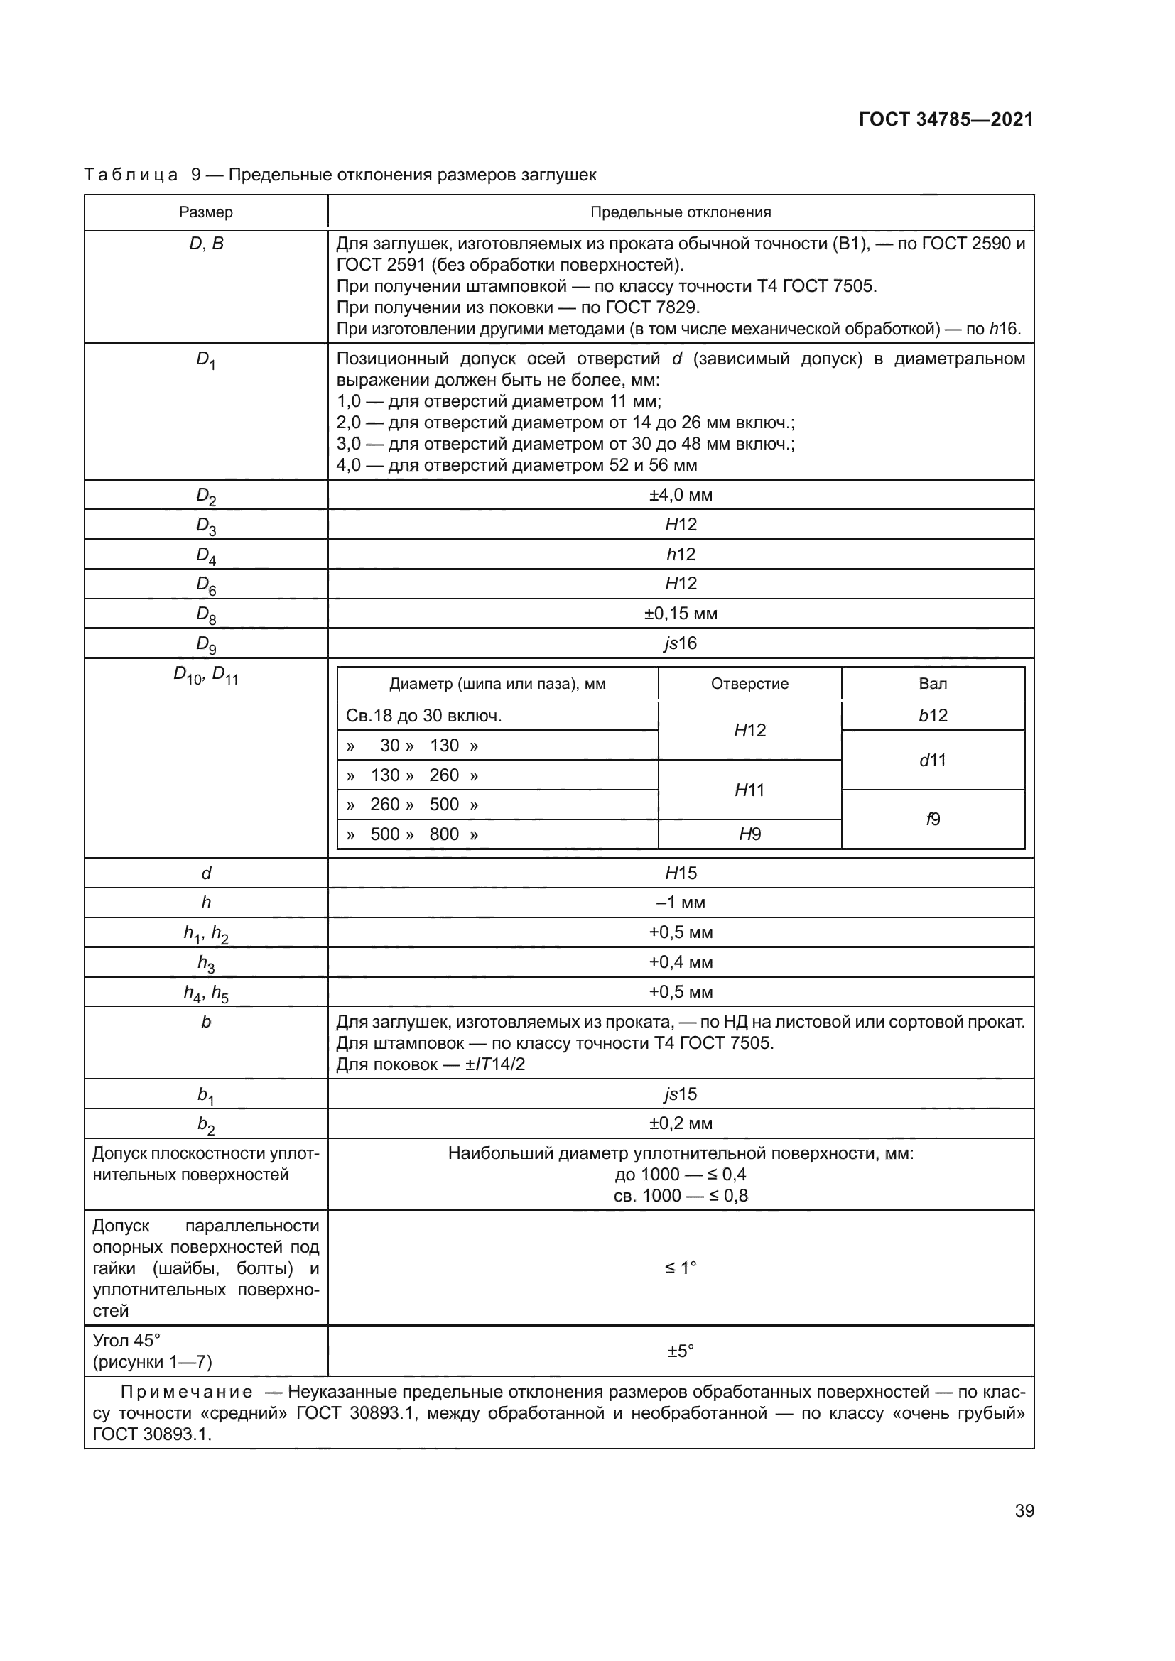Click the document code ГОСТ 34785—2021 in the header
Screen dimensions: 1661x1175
(946, 119)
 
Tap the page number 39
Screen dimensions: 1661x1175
(1024, 1510)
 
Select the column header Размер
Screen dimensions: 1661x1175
(206, 212)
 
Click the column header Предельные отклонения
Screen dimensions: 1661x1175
(680, 212)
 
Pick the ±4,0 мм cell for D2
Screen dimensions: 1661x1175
(680, 495)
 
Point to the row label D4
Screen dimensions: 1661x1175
(206, 555)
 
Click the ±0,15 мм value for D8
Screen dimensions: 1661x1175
(680, 614)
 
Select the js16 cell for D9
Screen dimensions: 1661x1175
(680, 643)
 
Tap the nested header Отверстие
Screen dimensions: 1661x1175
(749, 684)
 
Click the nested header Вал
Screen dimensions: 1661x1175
(933, 684)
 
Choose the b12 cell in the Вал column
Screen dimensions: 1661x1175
(933, 716)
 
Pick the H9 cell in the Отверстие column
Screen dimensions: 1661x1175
(749, 834)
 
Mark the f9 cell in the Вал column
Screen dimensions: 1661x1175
(933, 819)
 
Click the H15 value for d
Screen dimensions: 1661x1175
(680, 873)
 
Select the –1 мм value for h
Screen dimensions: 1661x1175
(680, 902)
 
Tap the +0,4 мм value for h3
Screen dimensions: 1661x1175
(680, 962)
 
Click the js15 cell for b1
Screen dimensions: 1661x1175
(680, 1094)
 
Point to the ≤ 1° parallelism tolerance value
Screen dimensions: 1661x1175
(680, 1268)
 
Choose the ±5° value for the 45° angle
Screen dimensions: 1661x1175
(680, 1351)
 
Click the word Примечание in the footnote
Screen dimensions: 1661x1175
(187, 1393)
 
